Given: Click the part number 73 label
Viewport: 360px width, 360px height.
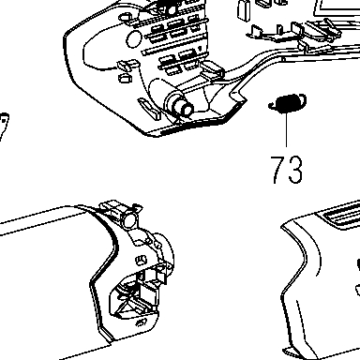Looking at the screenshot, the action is click(x=286, y=170).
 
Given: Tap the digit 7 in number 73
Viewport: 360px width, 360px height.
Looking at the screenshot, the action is click(x=277, y=170).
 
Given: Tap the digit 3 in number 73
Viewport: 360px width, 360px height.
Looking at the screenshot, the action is click(x=295, y=170).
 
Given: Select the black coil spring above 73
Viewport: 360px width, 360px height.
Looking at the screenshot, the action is click(x=288, y=103).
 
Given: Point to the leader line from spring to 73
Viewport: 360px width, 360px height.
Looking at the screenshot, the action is click(x=286, y=129).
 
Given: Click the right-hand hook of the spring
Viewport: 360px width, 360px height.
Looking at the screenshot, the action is click(x=303, y=99).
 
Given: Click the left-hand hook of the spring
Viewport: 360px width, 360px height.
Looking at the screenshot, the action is click(x=273, y=106).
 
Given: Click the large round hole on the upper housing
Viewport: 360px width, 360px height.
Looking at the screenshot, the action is click(x=134, y=38).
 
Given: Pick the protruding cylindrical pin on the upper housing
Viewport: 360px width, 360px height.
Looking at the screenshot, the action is click(x=181, y=105).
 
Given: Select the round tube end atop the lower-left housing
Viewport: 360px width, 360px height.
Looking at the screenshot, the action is click(x=129, y=218).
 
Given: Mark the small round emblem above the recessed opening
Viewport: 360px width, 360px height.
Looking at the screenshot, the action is click(x=141, y=260).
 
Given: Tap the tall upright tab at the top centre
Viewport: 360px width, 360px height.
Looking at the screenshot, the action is click(x=243, y=11).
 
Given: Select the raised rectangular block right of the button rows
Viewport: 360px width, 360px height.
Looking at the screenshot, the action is click(x=213, y=69).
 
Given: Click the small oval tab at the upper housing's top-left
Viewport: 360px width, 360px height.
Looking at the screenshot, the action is click(x=125, y=17).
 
